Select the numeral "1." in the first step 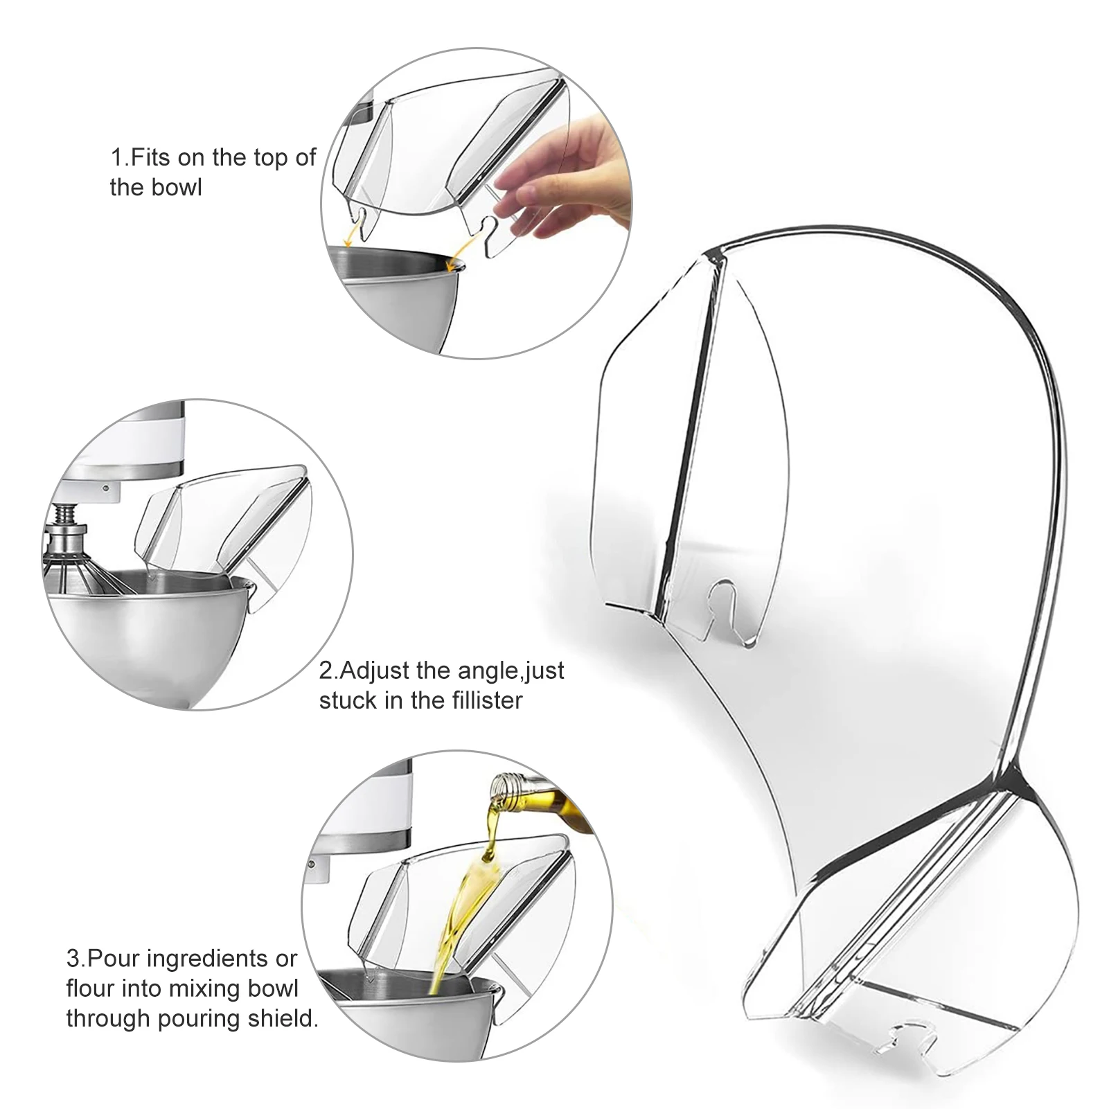point(120,158)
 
